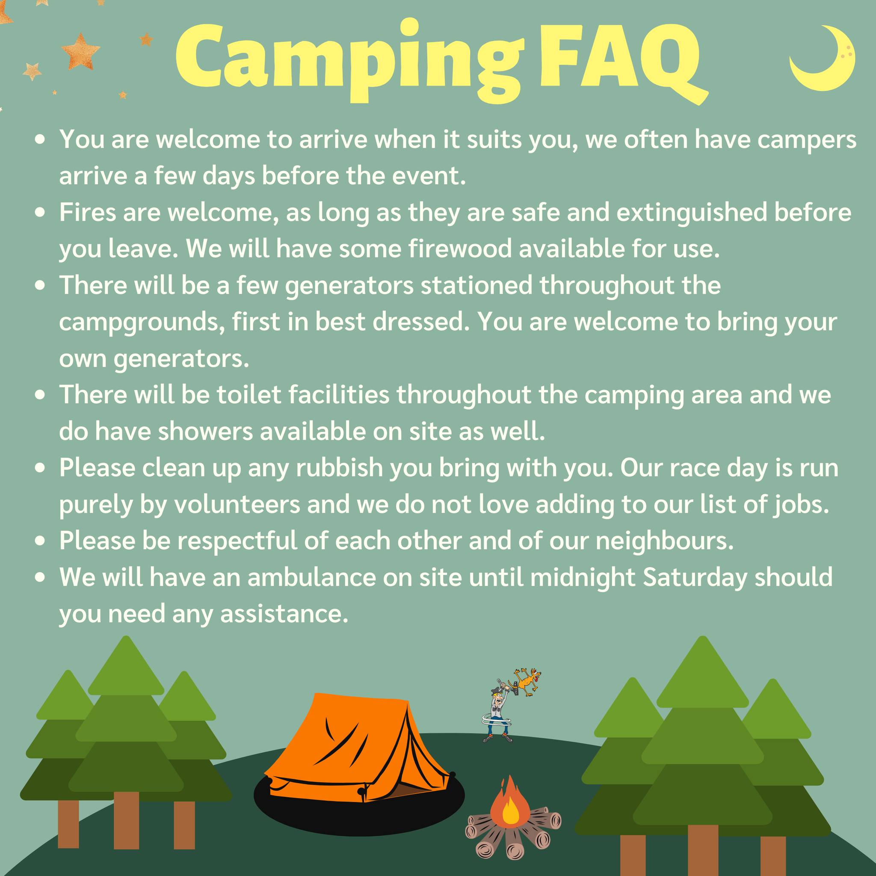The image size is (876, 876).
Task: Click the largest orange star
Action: (x=80, y=52)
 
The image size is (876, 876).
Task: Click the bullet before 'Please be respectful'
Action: (x=41, y=542)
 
